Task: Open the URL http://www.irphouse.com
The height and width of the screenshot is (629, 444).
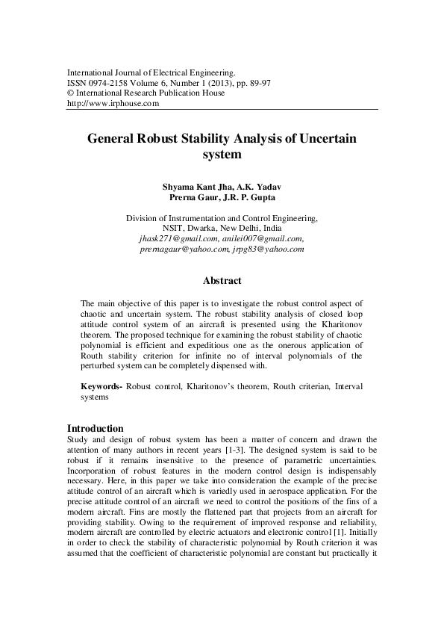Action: pyautogui.click(x=113, y=104)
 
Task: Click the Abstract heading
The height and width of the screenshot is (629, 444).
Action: pyautogui.click(x=222, y=281)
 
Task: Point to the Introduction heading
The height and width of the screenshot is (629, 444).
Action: pyautogui.click(x=95, y=428)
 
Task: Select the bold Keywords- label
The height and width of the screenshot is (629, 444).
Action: pyautogui.click(x=101, y=388)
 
